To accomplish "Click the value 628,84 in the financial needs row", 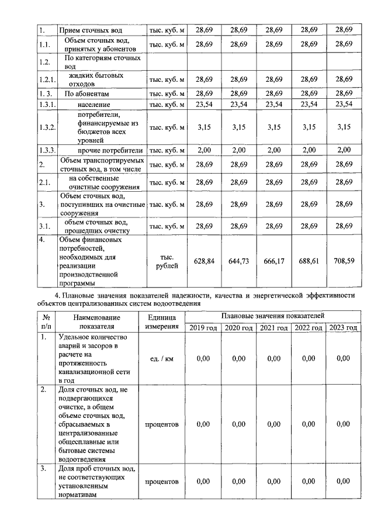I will click(203, 261).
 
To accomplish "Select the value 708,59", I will click(344, 261).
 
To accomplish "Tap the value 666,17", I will click(273, 261).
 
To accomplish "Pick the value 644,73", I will click(238, 261).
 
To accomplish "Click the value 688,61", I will click(309, 261).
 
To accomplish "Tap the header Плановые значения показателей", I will click(273, 316).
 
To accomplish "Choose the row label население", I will click(93, 104).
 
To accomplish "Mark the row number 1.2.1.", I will click(47, 79).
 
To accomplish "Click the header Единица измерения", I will click(162, 321).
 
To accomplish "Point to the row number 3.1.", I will click(45, 226).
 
